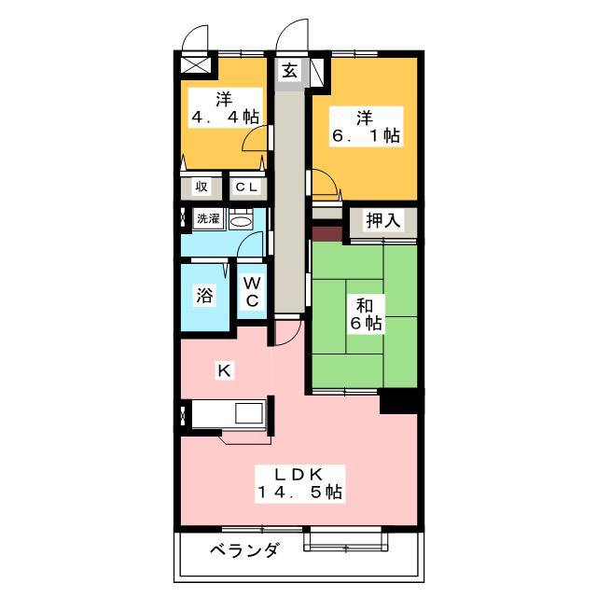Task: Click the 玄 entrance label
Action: point(290,70)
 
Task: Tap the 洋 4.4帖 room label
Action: point(226,108)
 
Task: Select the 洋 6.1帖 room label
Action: point(366,127)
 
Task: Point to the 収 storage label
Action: point(201,187)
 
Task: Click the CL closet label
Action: point(246,187)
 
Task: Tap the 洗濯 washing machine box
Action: point(208,218)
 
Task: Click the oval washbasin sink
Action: point(241,222)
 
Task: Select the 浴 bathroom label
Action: point(204,295)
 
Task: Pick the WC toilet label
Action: point(252,292)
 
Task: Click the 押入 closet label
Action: point(383,220)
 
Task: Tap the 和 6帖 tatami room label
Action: point(366,314)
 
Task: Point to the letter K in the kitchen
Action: point(224,370)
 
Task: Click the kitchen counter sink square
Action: point(249,413)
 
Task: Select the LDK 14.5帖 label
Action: point(300,484)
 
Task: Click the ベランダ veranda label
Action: point(244,550)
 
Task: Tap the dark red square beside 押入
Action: point(327,234)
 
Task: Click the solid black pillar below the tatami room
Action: point(401,401)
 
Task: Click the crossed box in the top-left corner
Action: point(195,64)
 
